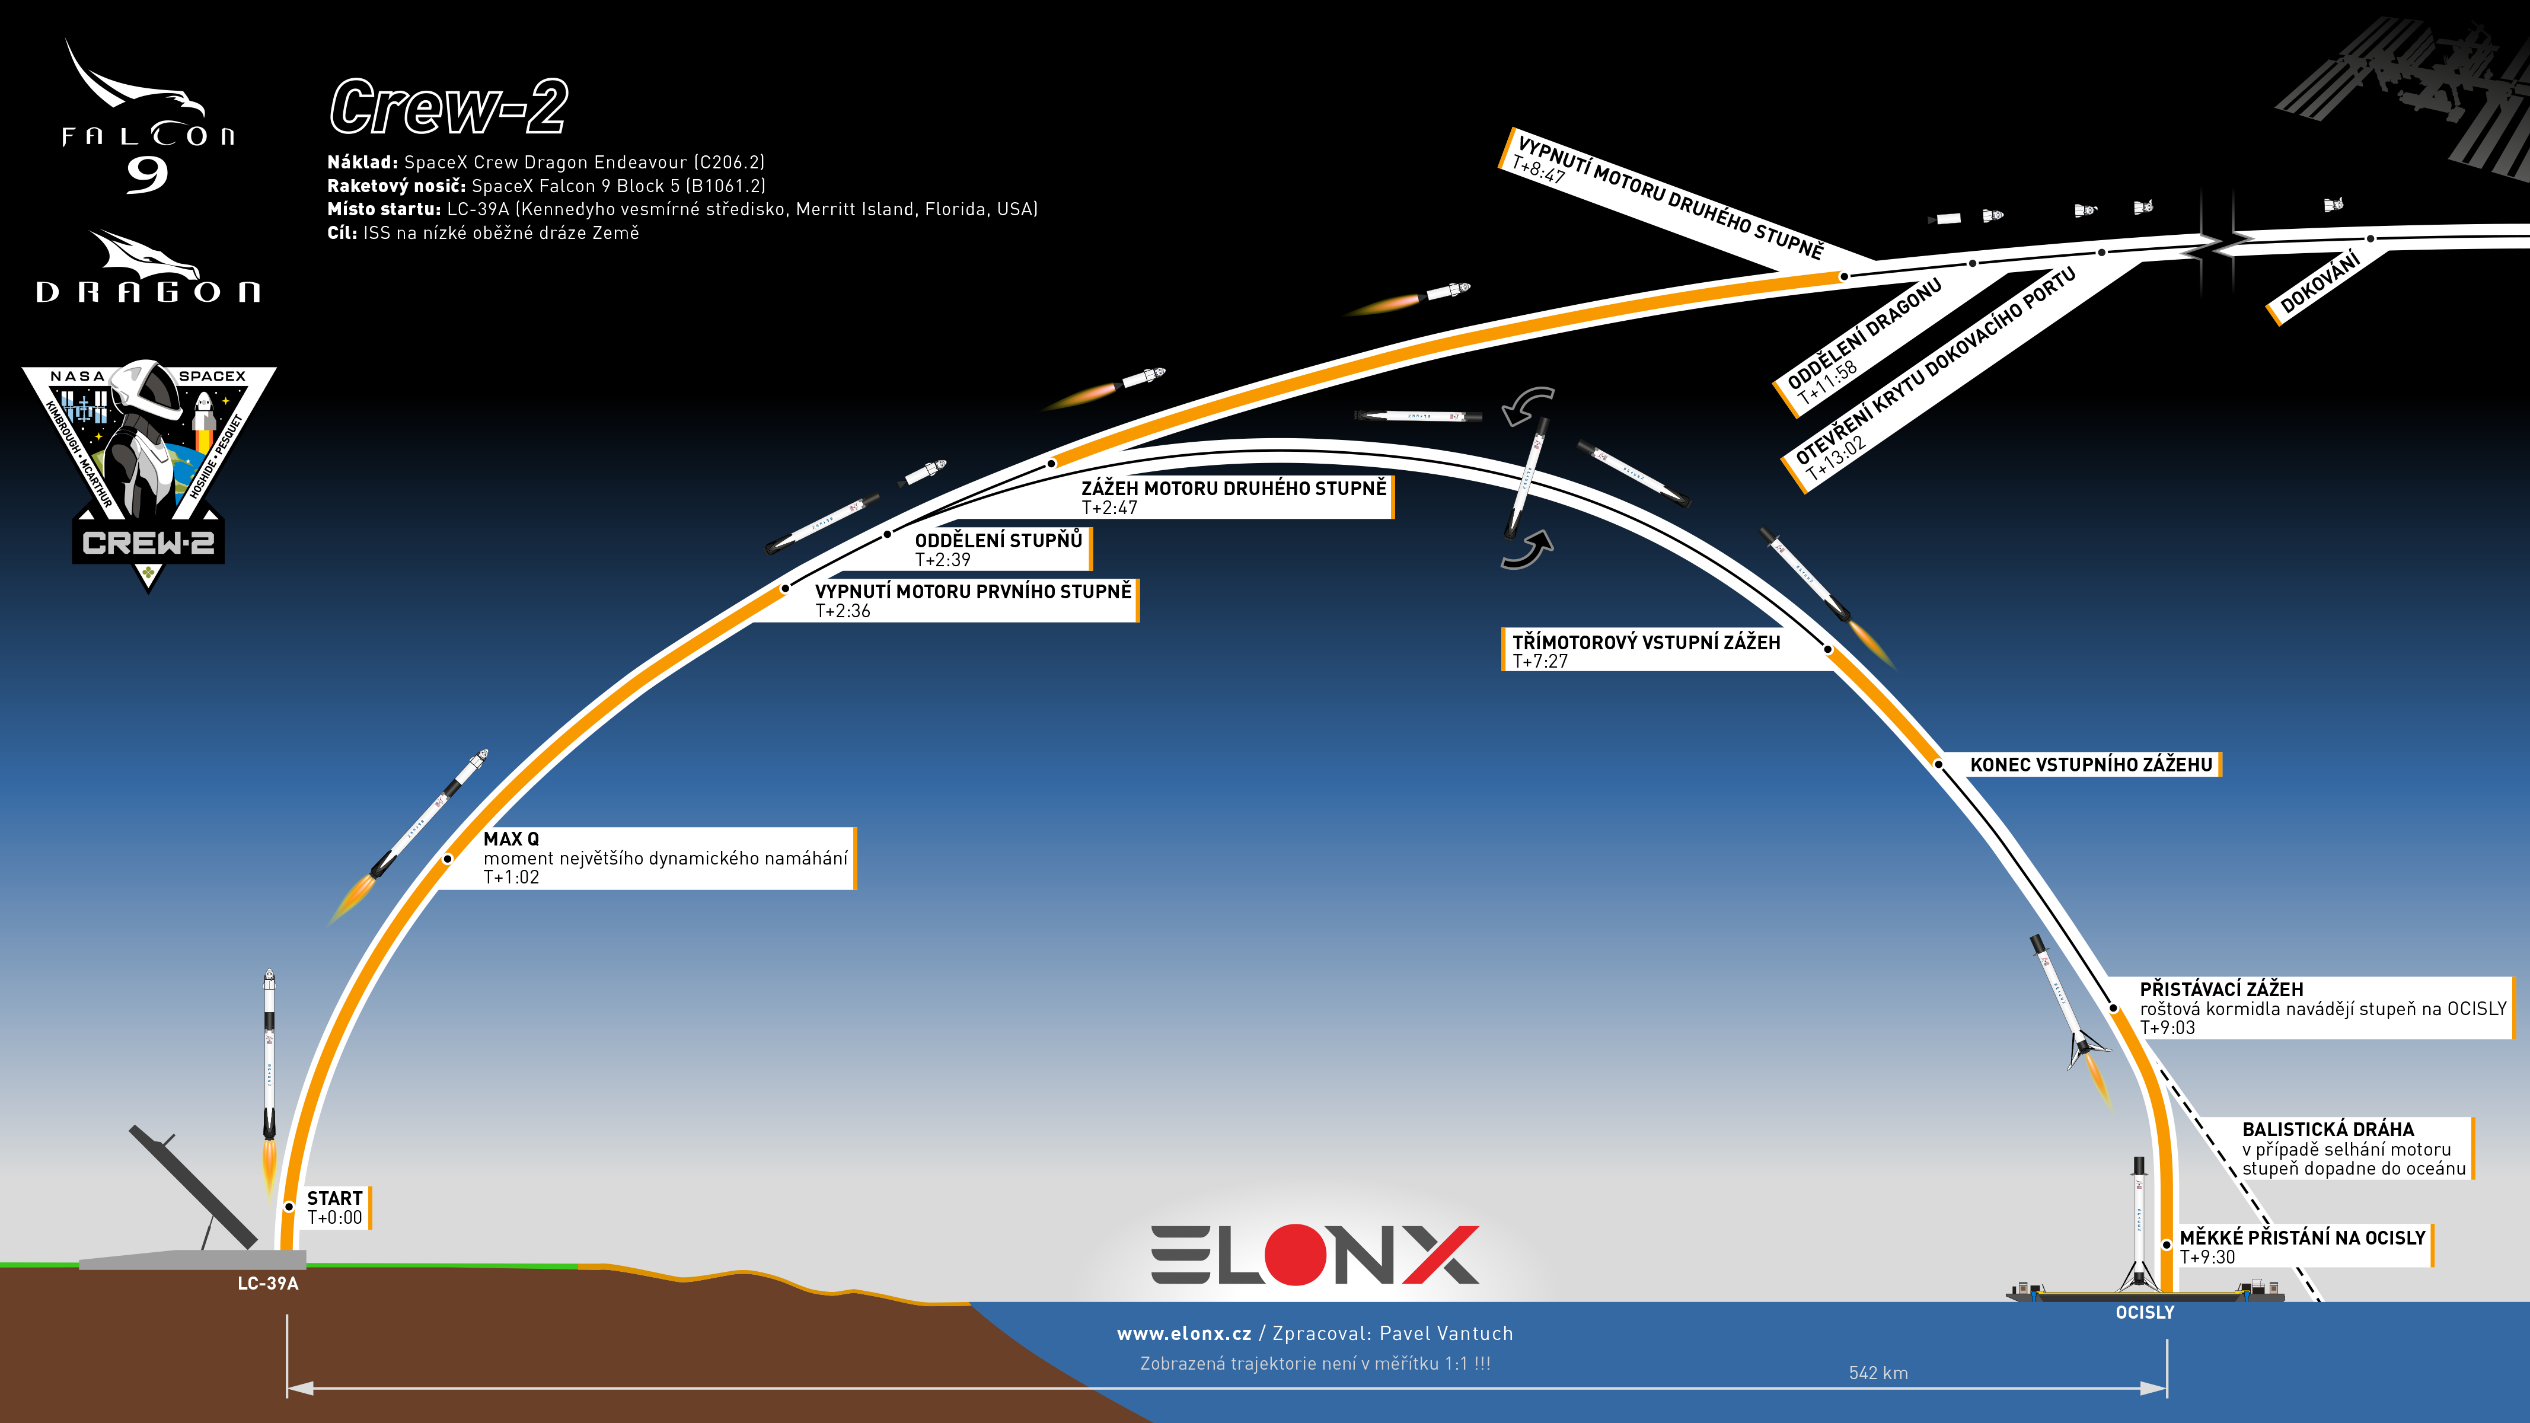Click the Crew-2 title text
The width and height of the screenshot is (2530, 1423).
[449, 107]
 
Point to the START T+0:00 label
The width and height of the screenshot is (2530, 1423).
[335, 1207]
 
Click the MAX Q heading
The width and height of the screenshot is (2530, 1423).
[511, 838]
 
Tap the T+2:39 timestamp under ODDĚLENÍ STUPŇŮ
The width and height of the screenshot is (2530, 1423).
[943, 560]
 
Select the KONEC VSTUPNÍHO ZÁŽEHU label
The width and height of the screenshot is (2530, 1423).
[2091, 764]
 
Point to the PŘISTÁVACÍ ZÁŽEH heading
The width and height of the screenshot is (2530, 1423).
[2222, 989]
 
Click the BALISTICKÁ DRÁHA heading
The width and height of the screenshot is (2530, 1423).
[2328, 1130]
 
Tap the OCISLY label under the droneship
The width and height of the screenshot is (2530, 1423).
[2145, 1312]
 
